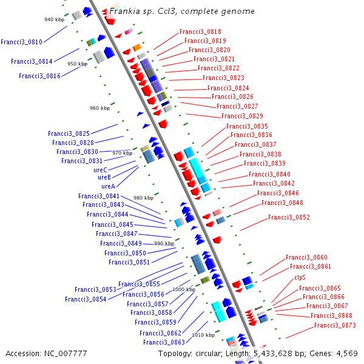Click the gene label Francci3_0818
200,32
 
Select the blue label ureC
101,170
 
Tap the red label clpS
300,277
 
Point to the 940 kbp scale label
54,19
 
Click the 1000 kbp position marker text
184,289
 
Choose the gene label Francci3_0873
335,326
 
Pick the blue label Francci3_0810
21,42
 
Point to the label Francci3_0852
289,217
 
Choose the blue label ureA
108,186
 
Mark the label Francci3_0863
164,342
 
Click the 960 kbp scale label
99,108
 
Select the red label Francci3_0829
242,116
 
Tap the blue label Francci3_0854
86,299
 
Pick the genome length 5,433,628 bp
283,353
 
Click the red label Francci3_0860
306,257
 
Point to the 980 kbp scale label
143,198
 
